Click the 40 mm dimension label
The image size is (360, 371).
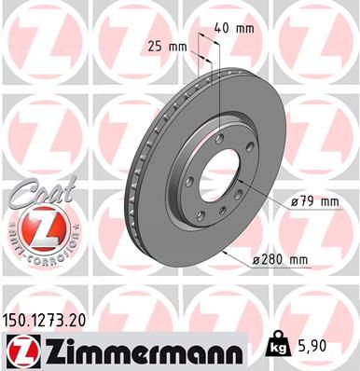[234, 27]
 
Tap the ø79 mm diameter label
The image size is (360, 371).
[312, 199]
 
